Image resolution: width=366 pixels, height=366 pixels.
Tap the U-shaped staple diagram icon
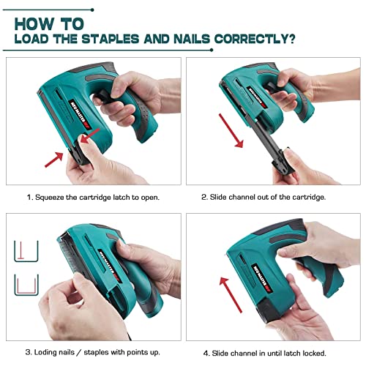25,286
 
